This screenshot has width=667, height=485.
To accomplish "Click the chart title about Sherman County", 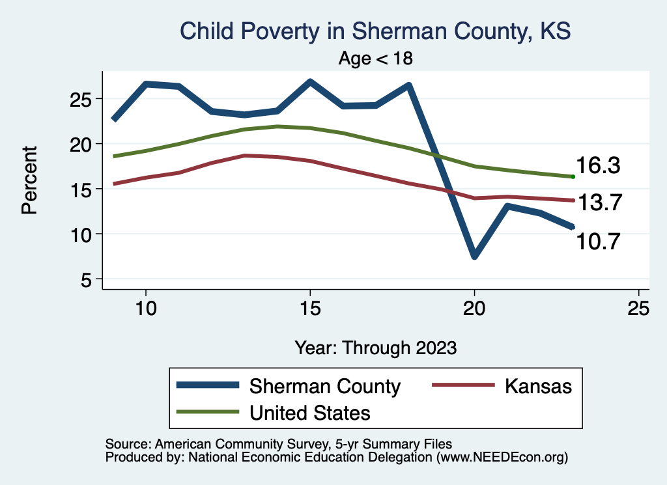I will (x=375, y=31).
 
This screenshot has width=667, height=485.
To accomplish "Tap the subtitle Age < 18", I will (x=376, y=58).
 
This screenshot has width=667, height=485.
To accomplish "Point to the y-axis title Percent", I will (x=28, y=180).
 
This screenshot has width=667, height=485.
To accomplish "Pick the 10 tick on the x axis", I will (x=146, y=308).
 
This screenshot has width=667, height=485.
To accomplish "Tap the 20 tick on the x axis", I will (x=474, y=308).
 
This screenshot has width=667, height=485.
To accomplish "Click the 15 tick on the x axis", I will (x=310, y=308).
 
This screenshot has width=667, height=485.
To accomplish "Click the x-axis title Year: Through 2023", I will (x=375, y=347).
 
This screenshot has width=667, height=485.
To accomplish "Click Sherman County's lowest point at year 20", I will (x=474, y=255).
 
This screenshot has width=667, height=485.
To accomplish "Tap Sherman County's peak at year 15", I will (x=310, y=82).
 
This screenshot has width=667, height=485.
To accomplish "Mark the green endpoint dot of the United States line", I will (x=573, y=176).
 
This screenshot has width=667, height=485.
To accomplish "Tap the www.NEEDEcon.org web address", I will (x=502, y=458).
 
